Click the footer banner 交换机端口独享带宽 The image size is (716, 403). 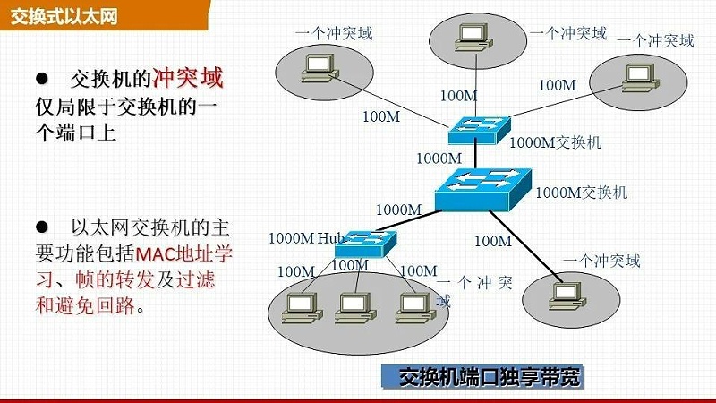click(x=489, y=377)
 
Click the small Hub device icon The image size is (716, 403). click(x=364, y=239)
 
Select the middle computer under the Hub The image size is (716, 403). click(x=348, y=307)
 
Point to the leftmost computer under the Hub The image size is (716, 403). click(x=294, y=307)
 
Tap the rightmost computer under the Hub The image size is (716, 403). click(x=408, y=306)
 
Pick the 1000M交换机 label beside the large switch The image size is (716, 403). click(x=581, y=192)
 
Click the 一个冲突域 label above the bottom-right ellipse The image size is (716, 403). click(x=602, y=262)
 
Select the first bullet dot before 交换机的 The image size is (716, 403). click(x=41, y=79)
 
